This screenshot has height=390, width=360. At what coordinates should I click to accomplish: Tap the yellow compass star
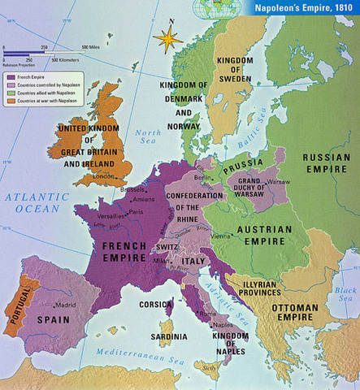click(x=168, y=38)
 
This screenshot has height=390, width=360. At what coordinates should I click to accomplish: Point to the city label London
click(x=103, y=175)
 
